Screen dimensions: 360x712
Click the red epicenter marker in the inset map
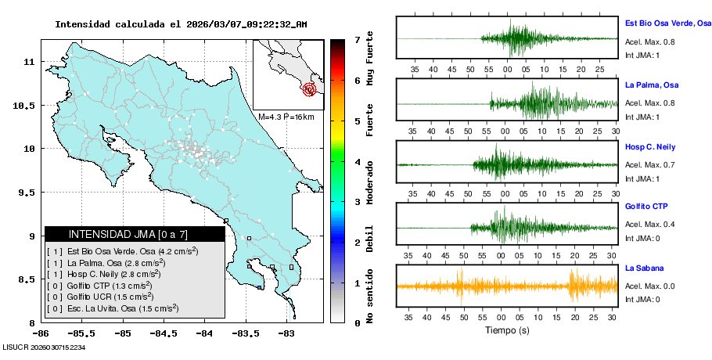coord(310,89)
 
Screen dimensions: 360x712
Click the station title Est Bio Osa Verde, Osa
coord(667,23)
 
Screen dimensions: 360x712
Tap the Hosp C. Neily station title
coord(650,146)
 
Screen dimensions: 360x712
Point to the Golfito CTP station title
coord(645,207)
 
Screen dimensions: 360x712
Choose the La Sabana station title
coord(644,268)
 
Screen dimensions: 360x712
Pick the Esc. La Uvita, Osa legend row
coord(119,308)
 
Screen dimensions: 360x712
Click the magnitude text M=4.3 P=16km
coord(286,117)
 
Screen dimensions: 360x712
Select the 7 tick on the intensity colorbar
coord(356,39)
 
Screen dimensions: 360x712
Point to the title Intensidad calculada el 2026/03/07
coord(181,24)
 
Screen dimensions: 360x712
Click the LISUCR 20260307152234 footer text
coord(44,347)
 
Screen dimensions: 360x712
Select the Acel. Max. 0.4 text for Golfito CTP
coord(649,225)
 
